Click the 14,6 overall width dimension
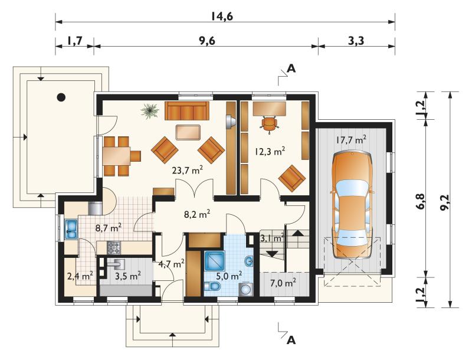221,17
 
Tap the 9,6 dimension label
206,41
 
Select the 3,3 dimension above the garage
356,41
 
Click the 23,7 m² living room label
187,171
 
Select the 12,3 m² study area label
270,151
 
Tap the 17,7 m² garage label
351,140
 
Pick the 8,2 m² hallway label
197,214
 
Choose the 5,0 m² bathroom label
230,275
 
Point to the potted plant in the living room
150,111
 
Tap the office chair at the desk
268,124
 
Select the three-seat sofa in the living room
187,110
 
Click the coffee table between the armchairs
188,132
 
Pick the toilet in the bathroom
212,286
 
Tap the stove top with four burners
114,248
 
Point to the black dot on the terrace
61,97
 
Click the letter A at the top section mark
291,68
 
